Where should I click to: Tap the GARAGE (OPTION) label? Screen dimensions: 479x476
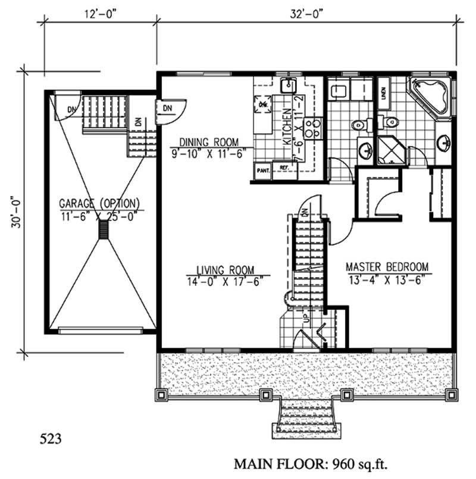pyautogui.click(x=99, y=201)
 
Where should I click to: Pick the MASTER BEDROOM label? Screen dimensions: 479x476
pyautogui.click(x=387, y=267)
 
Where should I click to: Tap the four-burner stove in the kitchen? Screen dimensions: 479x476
pyautogui.click(x=312, y=126)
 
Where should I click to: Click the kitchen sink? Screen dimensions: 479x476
pyautogui.click(x=290, y=86)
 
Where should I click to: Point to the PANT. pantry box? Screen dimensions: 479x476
pyautogui.click(x=263, y=170)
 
